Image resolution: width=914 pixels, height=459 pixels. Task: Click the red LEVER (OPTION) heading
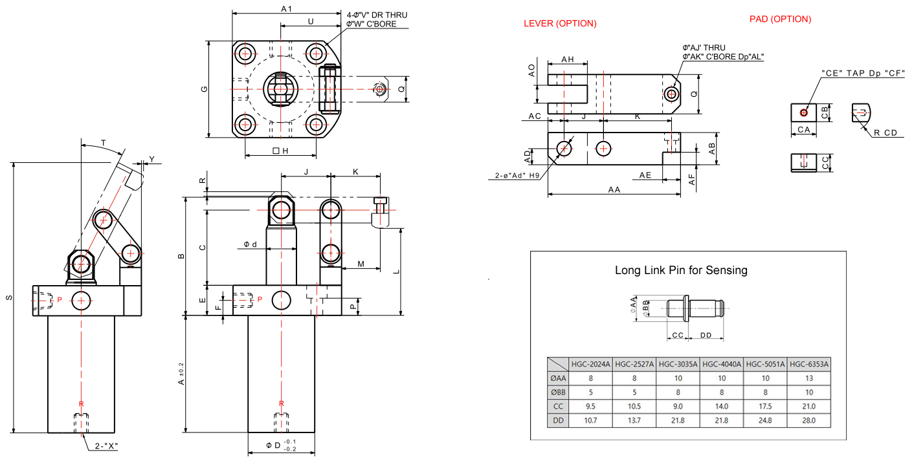[560, 24]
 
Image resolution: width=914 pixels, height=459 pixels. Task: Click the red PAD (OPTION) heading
[780, 19]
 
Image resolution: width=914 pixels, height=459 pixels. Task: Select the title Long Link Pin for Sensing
[681, 270]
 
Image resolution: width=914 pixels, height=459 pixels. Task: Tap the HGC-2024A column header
[590, 364]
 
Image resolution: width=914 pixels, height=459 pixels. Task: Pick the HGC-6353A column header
[808, 364]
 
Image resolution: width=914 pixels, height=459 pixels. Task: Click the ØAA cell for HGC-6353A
[808, 378]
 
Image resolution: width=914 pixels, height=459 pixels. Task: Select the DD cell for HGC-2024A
[590, 420]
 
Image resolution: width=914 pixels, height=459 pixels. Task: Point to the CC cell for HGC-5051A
[765, 406]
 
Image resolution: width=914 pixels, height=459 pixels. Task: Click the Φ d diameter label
[251, 244]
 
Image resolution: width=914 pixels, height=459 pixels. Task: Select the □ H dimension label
[280, 151]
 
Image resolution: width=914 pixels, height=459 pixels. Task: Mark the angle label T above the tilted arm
[104, 143]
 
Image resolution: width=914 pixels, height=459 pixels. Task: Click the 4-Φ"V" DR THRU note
[377, 15]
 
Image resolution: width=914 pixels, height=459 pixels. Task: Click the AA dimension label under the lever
[614, 189]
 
